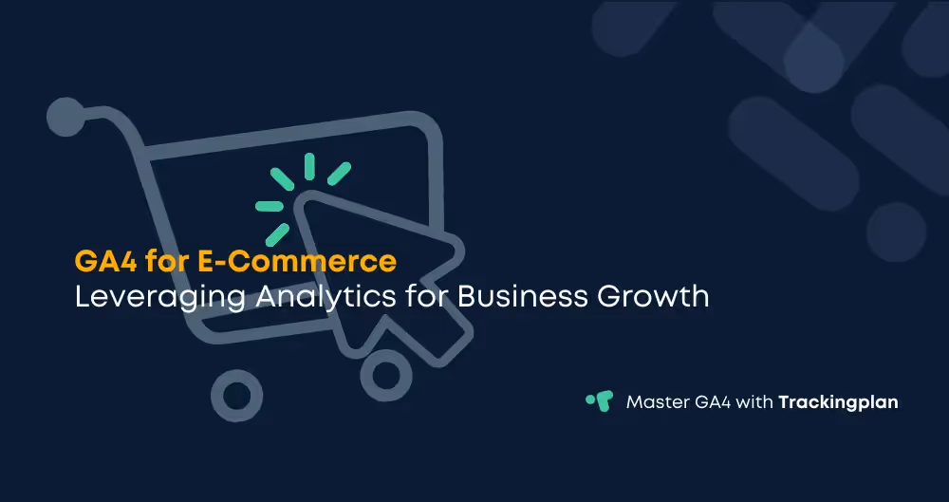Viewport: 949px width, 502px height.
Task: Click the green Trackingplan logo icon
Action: click(x=599, y=401)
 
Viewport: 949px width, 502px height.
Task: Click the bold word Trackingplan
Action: click(x=838, y=402)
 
